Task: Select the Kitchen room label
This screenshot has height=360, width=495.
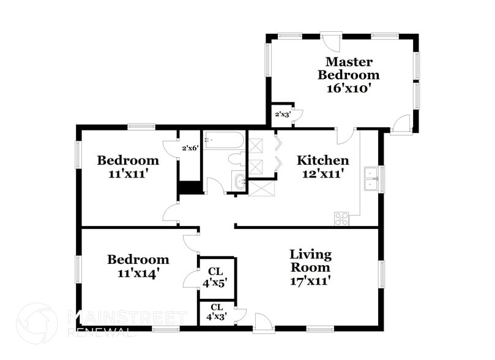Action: (x=323, y=160)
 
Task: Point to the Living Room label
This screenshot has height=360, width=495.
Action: (x=311, y=261)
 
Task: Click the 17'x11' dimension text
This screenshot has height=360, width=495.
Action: (x=311, y=281)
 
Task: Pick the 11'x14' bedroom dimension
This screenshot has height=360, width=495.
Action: (x=138, y=273)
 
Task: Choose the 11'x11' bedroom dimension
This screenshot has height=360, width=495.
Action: (x=128, y=174)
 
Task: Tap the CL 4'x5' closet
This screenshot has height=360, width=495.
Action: (x=216, y=277)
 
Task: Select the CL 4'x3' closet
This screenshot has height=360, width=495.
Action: (x=216, y=312)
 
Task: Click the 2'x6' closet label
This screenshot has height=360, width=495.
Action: (x=190, y=148)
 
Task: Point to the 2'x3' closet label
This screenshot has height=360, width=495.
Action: (x=282, y=114)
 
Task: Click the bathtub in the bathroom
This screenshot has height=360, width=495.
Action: (x=224, y=140)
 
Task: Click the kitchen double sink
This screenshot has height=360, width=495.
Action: (x=371, y=179)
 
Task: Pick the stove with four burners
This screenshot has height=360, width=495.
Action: (x=341, y=219)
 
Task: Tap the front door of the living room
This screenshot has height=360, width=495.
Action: (x=264, y=323)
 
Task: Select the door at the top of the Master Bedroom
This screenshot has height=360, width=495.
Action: (x=331, y=41)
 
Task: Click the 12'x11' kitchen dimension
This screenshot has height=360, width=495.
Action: (x=323, y=174)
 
